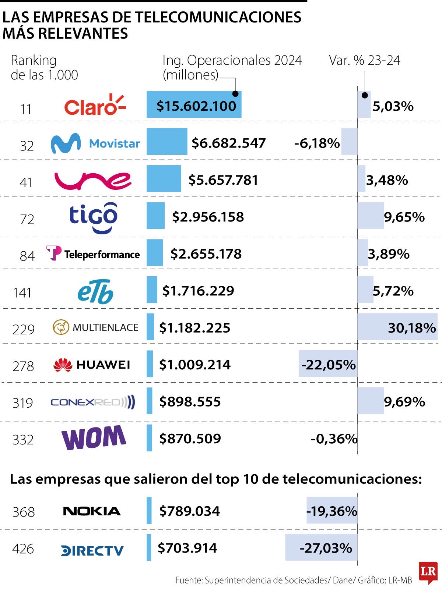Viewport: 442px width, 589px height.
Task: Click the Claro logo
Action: click(x=95, y=105)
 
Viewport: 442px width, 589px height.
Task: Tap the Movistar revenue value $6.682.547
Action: click(x=228, y=143)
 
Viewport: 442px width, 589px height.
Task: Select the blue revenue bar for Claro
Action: click(x=194, y=104)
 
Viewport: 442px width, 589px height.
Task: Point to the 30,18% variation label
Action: click(x=412, y=327)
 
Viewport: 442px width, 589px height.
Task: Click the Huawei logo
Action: click(x=92, y=365)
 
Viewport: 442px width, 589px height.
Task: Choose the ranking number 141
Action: click(x=22, y=292)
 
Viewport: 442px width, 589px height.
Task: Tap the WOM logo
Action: click(x=94, y=437)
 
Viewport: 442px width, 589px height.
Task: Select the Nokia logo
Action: click(x=92, y=511)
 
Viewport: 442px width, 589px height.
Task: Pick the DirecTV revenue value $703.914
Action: click(x=187, y=548)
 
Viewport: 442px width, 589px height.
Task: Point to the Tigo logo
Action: click(x=94, y=217)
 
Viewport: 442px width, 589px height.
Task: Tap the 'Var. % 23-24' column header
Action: click(x=364, y=60)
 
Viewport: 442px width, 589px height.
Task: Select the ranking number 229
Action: click(x=24, y=329)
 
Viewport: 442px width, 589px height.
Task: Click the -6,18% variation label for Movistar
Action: click(x=317, y=143)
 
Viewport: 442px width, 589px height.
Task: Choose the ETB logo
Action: click(x=95, y=292)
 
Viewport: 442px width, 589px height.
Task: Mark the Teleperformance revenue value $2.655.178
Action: click(x=206, y=254)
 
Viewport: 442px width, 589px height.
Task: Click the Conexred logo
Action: click(x=93, y=402)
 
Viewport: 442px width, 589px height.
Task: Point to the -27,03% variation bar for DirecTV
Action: click(x=321, y=547)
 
